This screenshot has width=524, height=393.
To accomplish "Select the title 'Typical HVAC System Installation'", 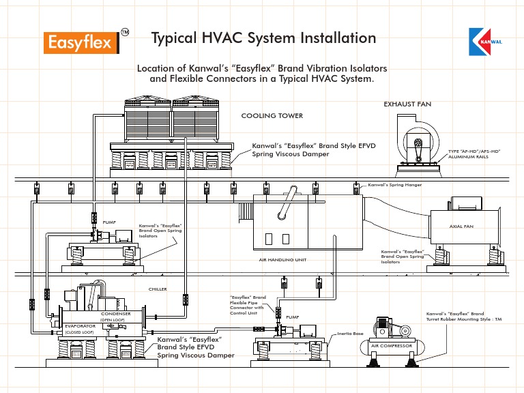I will click(263, 38).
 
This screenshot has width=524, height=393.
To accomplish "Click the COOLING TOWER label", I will click(272, 116).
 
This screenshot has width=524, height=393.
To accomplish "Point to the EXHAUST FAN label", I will click(407, 104).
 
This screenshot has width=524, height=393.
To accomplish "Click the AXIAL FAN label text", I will click(461, 225).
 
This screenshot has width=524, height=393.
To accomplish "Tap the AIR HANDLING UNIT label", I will click(282, 260).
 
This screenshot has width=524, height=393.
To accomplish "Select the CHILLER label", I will click(158, 289).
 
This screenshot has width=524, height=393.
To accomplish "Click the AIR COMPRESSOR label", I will click(392, 346).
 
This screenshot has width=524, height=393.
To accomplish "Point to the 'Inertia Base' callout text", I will click(350, 334).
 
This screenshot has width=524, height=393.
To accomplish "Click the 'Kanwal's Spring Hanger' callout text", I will click(395, 185).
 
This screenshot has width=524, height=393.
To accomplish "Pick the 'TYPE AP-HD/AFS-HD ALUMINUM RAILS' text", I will click(471, 153).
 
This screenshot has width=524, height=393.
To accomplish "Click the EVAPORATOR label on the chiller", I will click(78, 326).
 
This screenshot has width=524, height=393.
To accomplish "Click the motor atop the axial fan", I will click(466, 205).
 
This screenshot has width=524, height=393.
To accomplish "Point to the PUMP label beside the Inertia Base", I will click(292, 317).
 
